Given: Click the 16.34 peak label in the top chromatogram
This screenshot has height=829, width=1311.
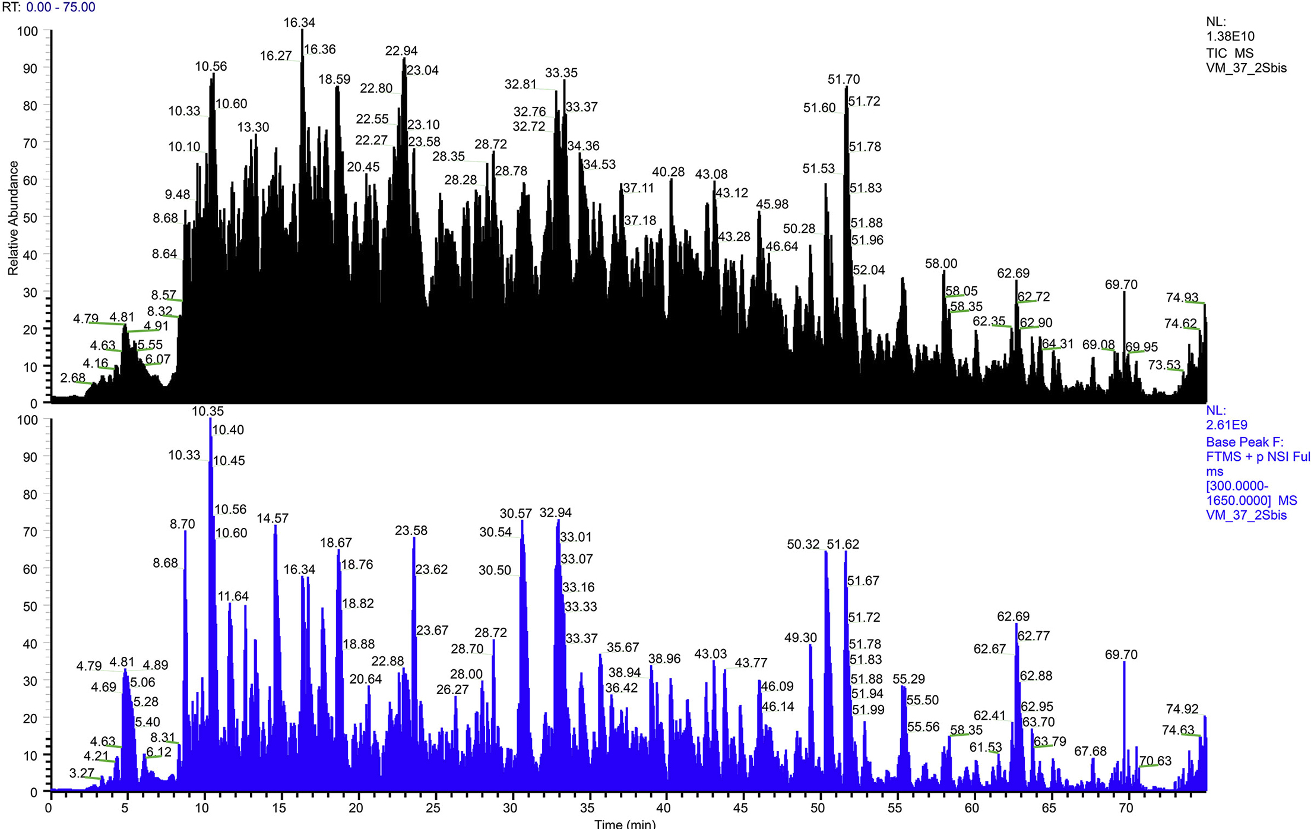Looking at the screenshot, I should pos(299,23).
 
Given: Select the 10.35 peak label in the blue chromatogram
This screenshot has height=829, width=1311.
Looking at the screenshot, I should pos(208,411).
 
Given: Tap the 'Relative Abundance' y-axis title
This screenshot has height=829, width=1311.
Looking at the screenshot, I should pos(13,218).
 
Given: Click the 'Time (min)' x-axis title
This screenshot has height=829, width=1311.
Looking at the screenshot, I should pos(625,824).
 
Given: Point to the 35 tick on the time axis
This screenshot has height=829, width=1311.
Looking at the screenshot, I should pos(587,808).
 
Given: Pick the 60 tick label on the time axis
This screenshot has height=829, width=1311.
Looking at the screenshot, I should pos(971,808).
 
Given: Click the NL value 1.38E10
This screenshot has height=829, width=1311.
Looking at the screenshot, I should pos(1230,37).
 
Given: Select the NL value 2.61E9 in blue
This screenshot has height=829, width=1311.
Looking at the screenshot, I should pos(1226,425).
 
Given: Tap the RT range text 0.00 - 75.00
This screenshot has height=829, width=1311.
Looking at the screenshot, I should pos(61,7).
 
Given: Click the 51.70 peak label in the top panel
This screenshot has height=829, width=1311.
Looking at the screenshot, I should pos(844,79).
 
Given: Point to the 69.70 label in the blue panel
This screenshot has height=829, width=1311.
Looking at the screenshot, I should pos(1121,654).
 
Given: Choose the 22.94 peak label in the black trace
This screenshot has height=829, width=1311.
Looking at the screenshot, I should pos(401,51).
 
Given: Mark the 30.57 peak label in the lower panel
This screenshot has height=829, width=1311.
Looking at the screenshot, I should pos(515,513).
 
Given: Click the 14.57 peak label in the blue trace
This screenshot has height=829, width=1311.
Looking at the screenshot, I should pos(273,518).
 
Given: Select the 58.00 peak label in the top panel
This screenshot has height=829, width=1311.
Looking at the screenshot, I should pos(941,263).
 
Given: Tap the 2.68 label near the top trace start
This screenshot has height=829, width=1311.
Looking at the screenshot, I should pos(72,378).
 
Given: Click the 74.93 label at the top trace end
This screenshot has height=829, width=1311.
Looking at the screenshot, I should pos(1182,297).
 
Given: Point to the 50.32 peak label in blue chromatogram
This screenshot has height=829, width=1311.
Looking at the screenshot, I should pos(803,544).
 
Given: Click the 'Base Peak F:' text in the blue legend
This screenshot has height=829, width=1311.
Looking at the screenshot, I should pos(1244,442).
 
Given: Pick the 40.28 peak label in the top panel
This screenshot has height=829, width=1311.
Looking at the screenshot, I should pos(669,172).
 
